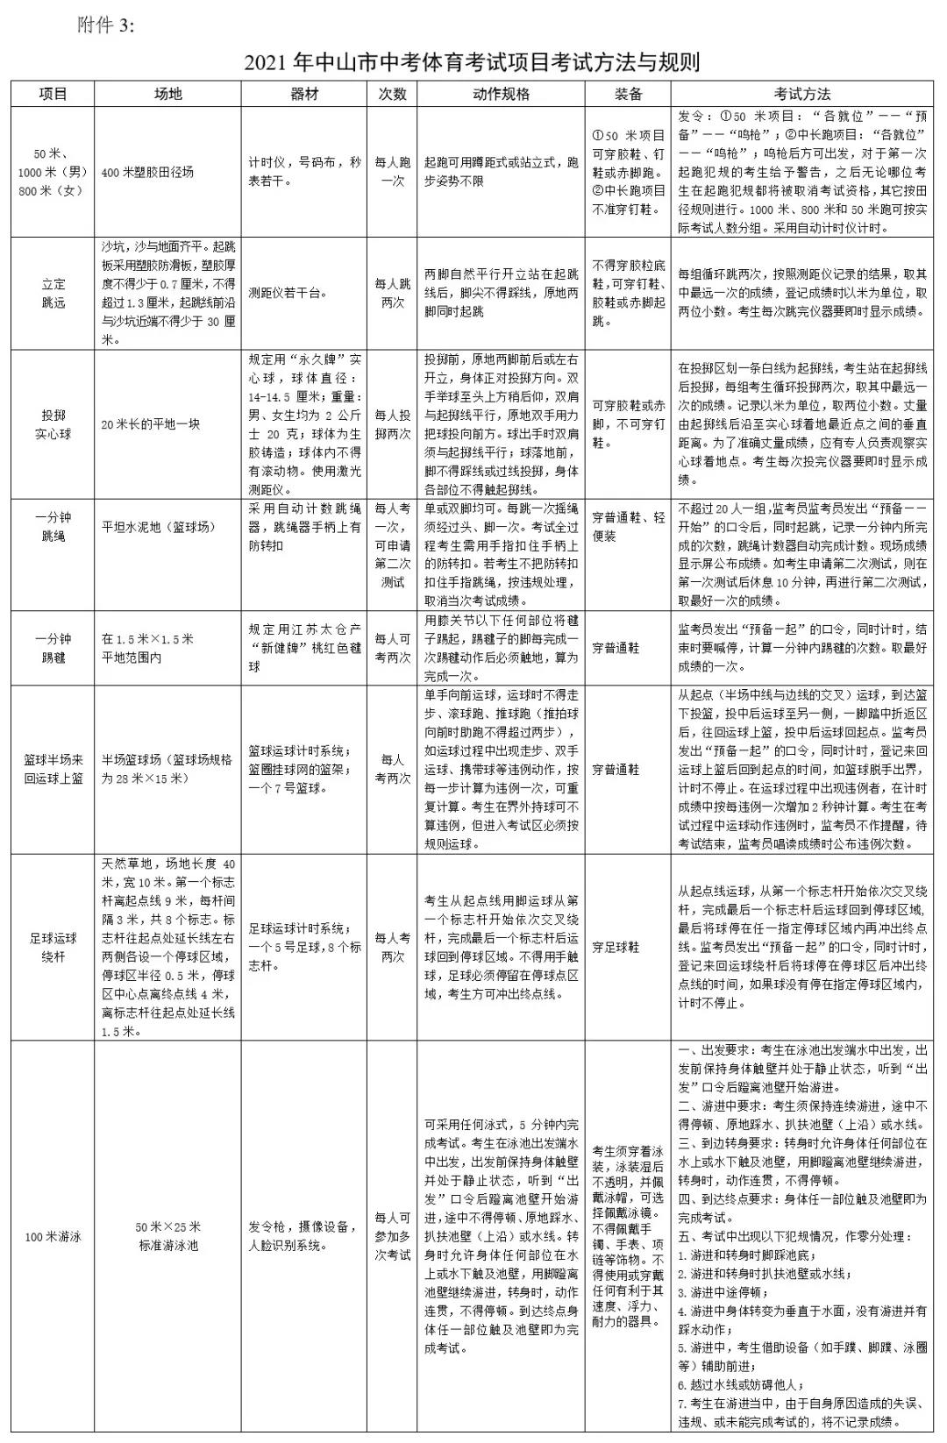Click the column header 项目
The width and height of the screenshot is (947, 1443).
(53, 94)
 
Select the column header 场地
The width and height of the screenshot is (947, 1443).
(167, 94)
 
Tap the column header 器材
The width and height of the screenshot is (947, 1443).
(304, 94)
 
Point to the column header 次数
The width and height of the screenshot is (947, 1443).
(392, 94)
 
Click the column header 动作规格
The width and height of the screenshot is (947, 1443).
(501, 94)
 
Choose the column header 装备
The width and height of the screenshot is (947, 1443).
(628, 94)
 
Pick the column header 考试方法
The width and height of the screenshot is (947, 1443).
(801, 94)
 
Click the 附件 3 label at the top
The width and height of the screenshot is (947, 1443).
(107, 25)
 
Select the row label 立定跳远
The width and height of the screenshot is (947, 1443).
(53, 294)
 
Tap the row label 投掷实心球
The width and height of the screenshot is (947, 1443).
(53, 424)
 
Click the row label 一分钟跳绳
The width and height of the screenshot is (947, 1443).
(53, 527)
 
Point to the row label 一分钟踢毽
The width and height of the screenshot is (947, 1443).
(53, 648)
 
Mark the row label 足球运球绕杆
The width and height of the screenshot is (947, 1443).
(53, 948)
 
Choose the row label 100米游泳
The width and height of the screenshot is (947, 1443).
(53, 1237)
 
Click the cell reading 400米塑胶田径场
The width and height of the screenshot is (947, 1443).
(147, 173)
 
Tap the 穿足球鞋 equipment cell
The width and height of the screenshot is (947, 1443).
(616, 948)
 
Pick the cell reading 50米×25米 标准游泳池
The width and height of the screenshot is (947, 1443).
(167, 1236)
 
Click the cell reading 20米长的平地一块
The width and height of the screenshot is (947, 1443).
(151, 424)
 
